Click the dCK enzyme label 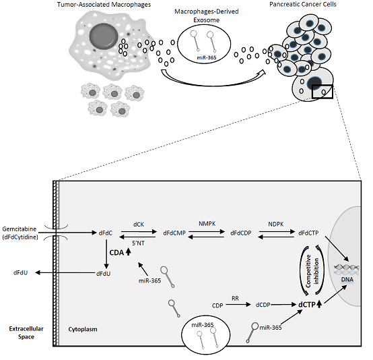tap(139, 224)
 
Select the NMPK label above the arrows tap(207, 223)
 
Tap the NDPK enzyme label tap(275, 224)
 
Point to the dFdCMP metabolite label tap(174, 233)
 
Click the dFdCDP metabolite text tap(241, 233)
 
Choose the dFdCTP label tap(308, 233)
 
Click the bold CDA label tap(116, 253)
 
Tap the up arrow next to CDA tap(128, 252)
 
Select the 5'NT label tap(138, 243)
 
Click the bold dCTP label tap(306, 305)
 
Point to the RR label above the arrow tap(235, 298)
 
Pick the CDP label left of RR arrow tap(217, 305)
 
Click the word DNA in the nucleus tap(347, 279)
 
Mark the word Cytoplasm tap(83, 330)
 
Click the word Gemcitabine tap(20, 229)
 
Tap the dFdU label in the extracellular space tap(20, 273)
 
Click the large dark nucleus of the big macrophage tap(104, 36)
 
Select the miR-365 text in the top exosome tap(207, 57)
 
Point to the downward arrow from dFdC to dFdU tap(106, 254)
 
